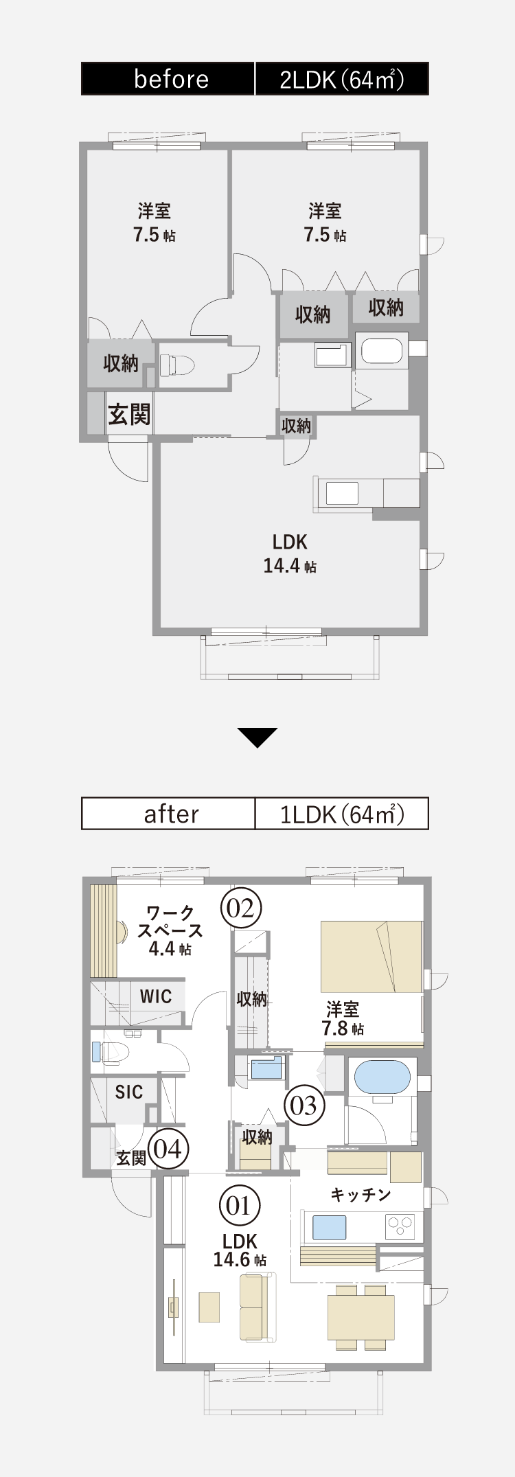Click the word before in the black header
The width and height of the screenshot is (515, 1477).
click(x=171, y=79)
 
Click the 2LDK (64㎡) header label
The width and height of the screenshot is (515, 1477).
click(x=341, y=79)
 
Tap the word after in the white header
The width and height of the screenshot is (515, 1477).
click(x=171, y=814)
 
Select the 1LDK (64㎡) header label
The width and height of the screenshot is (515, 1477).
click(x=341, y=814)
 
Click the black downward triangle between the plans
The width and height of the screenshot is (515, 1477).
click(x=257, y=737)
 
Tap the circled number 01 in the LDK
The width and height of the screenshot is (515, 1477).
click(x=239, y=1206)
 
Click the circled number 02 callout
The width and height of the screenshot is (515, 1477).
click(x=241, y=908)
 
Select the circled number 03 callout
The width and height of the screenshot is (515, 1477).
click(x=304, y=1105)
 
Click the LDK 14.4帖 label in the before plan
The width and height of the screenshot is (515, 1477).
click(x=290, y=553)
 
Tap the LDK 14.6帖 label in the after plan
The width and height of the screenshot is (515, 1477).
click(x=240, y=1250)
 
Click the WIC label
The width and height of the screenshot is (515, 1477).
click(x=155, y=996)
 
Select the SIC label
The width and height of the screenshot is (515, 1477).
click(x=129, y=1092)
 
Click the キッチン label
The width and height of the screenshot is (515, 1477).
click(x=360, y=1195)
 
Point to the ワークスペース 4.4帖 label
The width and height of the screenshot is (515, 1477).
click(x=170, y=930)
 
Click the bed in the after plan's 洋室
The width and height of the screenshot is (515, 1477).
click(x=371, y=956)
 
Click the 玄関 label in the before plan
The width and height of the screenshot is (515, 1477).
click(x=129, y=414)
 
